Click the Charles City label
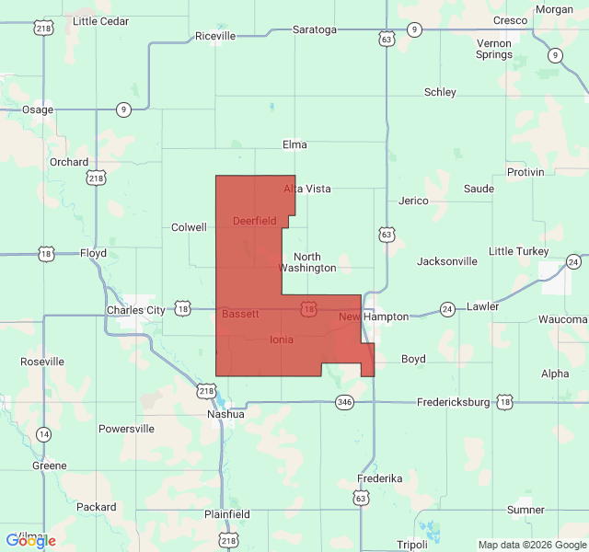135,310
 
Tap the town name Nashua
225,414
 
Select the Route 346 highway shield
344,402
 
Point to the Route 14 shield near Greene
43,433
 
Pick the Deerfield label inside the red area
254,221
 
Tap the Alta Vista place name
306,189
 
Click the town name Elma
294,144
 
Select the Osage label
38,109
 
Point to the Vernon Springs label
494,49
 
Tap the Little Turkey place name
518,251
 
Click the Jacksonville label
446,261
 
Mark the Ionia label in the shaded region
282,339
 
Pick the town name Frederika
380,478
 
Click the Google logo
30,540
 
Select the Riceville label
215,36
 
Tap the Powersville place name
126,429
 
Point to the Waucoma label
563,319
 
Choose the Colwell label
189,227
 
